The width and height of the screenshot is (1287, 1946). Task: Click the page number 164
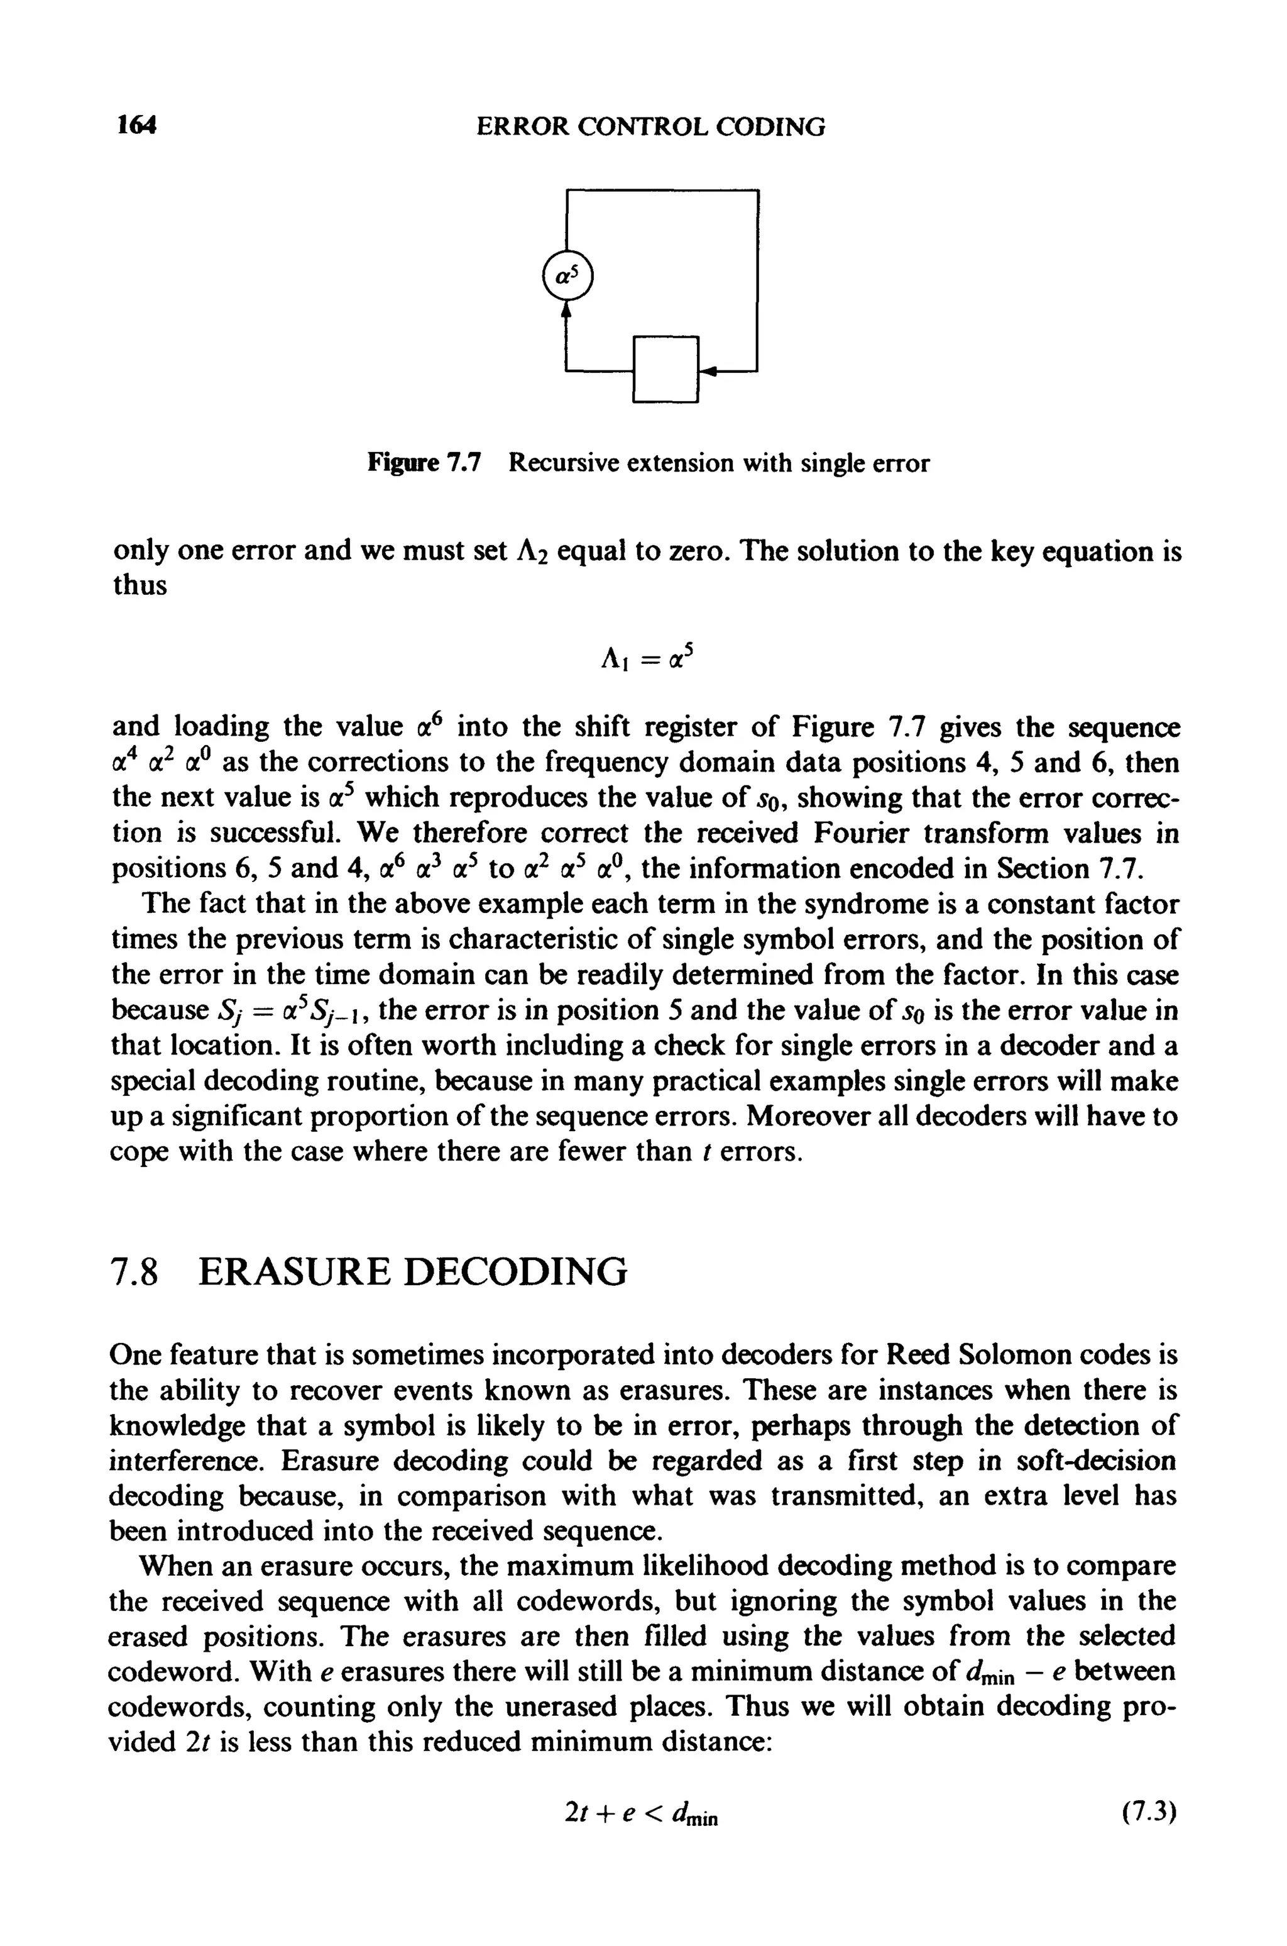coord(136,126)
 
